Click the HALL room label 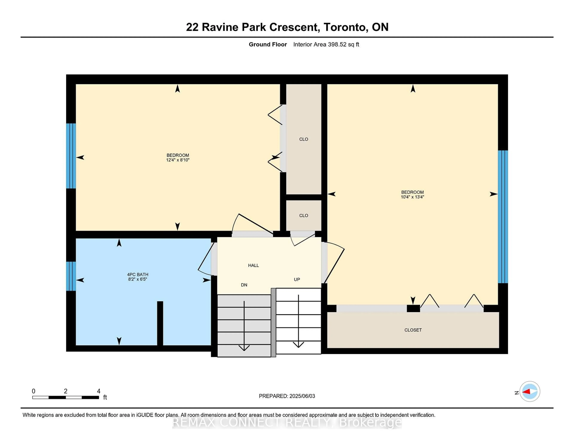click(x=253, y=265)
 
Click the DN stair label click(x=244, y=285)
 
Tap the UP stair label click(x=297, y=279)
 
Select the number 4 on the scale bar click(x=99, y=391)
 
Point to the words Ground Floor click(x=268, y=44)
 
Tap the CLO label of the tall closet click(x=304, y=139)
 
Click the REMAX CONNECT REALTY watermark click(x=287, y=422)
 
